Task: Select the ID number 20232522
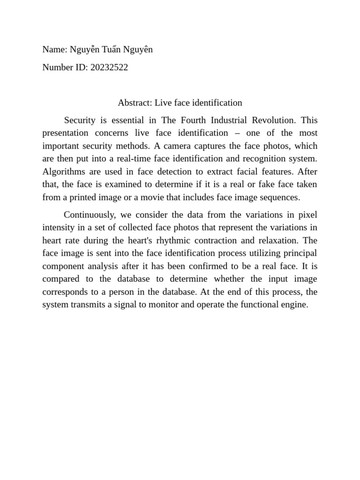(x=109, y=67)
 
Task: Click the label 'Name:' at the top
(x=55, y=50)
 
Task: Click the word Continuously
(x=90, y=215)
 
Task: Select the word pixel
(x=307, y=215)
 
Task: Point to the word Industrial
(x=229, y=120)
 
